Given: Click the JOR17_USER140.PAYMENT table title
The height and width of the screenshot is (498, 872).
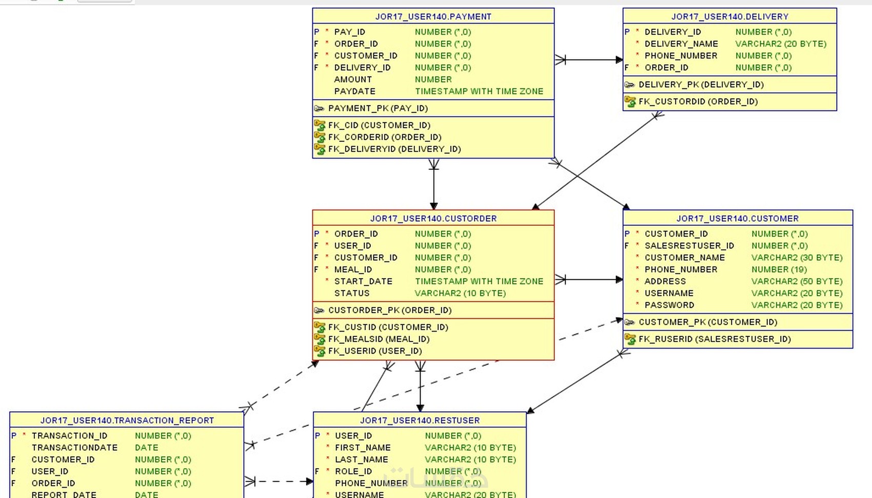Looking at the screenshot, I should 433,16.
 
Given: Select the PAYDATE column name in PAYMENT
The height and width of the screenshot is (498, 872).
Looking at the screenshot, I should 354,91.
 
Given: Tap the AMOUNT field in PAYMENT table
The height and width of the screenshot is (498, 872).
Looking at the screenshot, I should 353,80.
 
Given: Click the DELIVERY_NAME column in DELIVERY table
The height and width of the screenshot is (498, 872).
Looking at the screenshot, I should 681,44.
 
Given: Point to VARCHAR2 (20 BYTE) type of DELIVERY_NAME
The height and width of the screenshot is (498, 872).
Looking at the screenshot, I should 781,44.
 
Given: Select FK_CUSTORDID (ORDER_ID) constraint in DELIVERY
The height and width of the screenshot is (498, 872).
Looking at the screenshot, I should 698,102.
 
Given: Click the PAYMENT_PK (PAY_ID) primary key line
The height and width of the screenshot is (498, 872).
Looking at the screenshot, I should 378,108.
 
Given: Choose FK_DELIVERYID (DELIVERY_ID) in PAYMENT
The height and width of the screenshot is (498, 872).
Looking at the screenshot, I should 394,149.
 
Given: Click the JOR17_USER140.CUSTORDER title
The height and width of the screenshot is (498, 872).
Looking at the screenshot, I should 433,218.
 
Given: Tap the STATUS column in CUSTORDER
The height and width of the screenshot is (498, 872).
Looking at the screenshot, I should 351,293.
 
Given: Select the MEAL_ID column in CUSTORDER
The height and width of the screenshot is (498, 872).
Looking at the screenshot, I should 353,270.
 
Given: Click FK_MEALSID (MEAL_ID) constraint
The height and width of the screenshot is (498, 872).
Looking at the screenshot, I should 379,339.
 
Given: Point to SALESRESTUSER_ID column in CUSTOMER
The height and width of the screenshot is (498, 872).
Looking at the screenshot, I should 689,246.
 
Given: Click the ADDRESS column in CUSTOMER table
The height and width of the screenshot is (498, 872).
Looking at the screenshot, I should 665,281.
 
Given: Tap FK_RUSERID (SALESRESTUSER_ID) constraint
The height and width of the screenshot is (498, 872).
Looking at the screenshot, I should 714,339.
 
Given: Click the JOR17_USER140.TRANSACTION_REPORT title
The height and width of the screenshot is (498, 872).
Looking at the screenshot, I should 127,420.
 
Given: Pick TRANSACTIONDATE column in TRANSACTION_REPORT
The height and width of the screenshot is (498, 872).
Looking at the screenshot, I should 74,448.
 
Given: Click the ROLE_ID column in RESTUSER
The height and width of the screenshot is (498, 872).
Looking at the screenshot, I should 353,471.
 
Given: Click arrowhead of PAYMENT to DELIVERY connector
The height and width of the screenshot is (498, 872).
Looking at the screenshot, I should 619,60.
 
